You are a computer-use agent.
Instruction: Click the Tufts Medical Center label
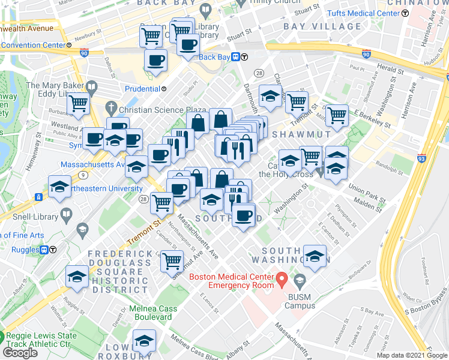[x=363, y=13]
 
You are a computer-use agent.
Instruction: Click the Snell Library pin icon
[x=66, y=214]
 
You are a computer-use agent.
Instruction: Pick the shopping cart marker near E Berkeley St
[x=337, y=115]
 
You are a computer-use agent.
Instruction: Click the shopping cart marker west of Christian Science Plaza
[x=78, y=104]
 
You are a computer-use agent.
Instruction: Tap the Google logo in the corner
[x=20, y=352]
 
